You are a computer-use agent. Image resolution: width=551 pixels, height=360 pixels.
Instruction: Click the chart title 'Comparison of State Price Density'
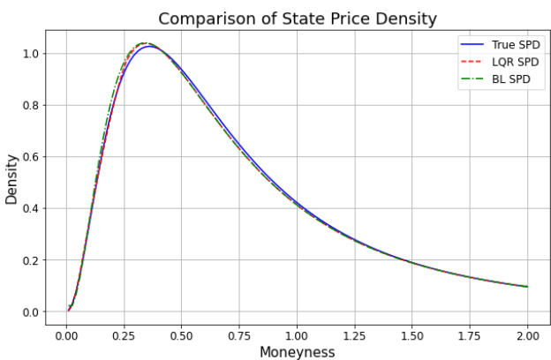(297, 19)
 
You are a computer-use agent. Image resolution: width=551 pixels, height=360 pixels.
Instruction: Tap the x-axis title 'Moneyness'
(297, 352)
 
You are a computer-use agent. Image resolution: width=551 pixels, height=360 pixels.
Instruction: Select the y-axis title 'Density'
(12, 179)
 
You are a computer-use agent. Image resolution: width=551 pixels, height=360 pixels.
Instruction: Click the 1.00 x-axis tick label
(297, 335)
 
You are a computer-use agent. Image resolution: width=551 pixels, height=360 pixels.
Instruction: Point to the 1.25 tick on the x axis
(355, 335)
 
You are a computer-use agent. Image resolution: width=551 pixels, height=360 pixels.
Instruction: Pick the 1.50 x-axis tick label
(412, 335)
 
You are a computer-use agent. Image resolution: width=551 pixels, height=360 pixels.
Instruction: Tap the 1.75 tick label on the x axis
(471, 335)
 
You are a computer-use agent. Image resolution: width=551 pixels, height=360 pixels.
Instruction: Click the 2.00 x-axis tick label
(528, 335)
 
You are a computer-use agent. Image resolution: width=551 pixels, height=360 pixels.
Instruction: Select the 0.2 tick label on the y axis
(32, 260)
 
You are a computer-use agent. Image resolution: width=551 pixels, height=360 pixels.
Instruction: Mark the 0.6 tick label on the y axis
(32, 157)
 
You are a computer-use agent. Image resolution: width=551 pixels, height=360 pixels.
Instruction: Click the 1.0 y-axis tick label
(32, 54)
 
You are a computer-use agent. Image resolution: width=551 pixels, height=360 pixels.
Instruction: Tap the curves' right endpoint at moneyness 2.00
(528, 287)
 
